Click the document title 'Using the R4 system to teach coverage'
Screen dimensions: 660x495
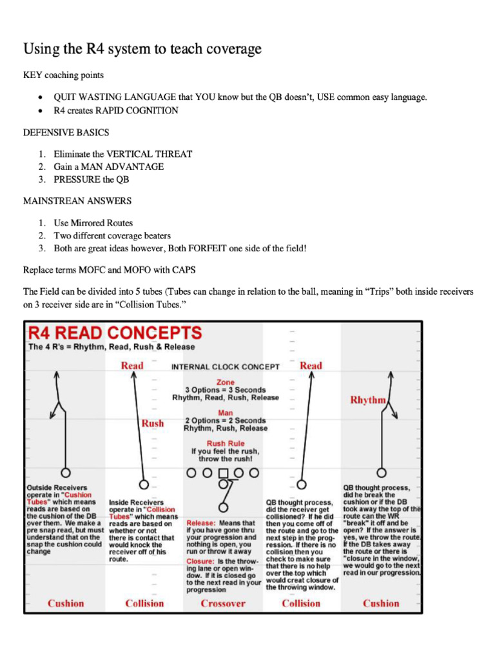click(x=142, y=49)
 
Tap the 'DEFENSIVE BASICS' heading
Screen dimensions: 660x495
click(x=66, y=132)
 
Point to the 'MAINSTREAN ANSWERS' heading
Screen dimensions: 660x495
click(x=77, y=200)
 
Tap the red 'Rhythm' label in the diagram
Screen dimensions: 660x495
click(x=367, y=400)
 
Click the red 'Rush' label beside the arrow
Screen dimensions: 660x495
click(x=153, y=423)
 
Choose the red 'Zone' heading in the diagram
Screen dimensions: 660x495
click(x=226, y=382)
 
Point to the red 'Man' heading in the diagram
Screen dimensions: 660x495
click(x=226, y=412)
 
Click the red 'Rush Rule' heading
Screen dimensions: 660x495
click(x=225, y=443)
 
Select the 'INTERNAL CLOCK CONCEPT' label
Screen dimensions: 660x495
click(x=225, y=367)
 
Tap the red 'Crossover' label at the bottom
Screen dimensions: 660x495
click(x=223, y=603)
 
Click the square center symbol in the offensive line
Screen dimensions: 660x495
click(x=224, y=472)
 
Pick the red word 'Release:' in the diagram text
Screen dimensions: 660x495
click(x=201, y=523)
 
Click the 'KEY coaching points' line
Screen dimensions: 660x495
click(x=63, y=75)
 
